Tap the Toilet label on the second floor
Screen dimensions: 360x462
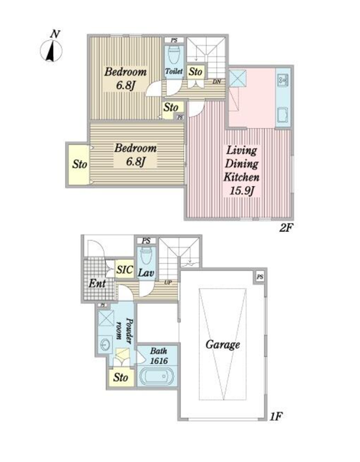pos(174,71)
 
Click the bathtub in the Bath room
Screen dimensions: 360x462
pos(157,377)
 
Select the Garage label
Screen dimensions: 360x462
pos(223,345)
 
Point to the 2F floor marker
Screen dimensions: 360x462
pos(287,227)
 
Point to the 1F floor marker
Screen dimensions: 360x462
pos(276,417)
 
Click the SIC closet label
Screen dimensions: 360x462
pos(125,270)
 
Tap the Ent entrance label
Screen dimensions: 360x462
pos(97,283)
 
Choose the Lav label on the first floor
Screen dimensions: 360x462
pos(146,272)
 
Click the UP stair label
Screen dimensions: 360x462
pos(168,282)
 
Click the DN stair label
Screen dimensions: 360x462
pos(217,82)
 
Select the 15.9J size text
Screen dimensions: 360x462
pos(242,191)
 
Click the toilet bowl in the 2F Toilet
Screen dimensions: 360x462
pos(174,56)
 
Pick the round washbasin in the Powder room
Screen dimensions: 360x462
pos(105,345)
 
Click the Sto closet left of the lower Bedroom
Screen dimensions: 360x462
pos(79,164)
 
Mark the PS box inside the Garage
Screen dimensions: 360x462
pos(260,277)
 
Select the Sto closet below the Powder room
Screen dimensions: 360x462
pos(120,378)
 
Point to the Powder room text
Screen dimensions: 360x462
pos(124,330)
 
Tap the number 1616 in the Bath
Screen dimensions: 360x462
pos(159,360)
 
